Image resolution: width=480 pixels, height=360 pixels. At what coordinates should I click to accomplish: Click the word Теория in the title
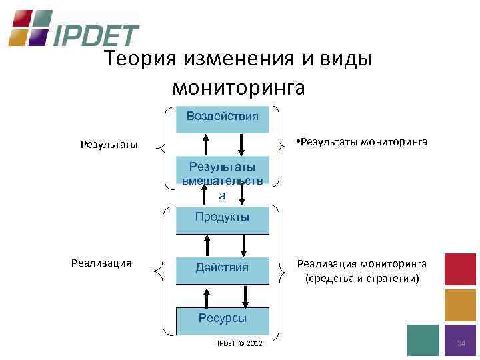(x=139, y=59)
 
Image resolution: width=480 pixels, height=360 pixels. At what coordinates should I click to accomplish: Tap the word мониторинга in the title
(x=238, y=87)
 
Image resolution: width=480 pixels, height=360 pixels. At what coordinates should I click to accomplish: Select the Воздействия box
(x=222, y=116)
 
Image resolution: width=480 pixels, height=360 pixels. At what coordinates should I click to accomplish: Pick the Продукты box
(x=222, y=217)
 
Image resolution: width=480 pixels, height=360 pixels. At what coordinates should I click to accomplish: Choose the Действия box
(x=222, y=267)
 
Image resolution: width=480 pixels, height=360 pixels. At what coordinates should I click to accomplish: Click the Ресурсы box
(x=222, y=318)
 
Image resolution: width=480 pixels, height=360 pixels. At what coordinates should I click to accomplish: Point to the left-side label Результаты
(x=109, y=144)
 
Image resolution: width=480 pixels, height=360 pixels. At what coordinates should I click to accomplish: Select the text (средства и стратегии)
(x=363, y=278)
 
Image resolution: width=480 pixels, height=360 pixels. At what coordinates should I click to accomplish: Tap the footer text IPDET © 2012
(x=240, y=343)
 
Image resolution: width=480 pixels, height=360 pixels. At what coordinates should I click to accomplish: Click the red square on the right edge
(x=460, y=269)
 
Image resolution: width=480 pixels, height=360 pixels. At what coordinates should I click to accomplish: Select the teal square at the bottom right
(x=423, y=340)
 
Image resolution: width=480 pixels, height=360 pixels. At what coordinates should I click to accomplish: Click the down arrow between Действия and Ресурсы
(x=247, y=295)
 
